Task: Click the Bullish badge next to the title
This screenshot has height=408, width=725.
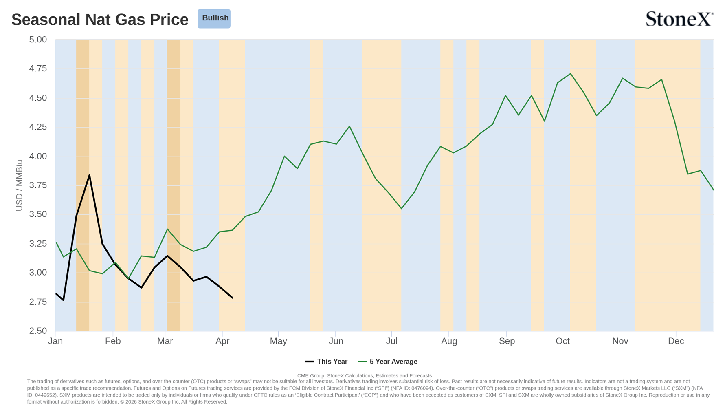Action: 214,18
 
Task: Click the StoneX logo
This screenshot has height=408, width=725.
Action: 679,19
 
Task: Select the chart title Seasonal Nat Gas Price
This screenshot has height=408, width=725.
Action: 100,20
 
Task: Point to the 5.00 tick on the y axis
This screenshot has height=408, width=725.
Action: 38,40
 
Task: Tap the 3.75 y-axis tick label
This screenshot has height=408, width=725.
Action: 38,185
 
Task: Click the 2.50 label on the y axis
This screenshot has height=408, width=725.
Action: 38,331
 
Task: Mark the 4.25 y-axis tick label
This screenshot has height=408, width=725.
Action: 38,127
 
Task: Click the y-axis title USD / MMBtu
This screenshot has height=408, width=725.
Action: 19,185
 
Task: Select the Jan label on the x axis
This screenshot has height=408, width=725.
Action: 55,341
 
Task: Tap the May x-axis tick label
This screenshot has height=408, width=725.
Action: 279,341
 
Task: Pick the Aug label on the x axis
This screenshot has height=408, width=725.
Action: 449,341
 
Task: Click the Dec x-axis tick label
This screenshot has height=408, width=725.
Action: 676,341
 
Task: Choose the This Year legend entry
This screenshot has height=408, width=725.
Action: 326,362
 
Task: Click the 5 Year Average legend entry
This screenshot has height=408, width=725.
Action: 388,362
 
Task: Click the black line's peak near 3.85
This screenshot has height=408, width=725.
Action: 89,175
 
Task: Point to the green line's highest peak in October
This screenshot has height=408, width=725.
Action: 571,74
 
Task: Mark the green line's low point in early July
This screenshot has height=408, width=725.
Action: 402,209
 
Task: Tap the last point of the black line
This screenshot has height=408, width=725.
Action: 232,298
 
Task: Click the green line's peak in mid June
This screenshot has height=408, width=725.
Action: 349,126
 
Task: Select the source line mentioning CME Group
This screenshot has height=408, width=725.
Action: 365,376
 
